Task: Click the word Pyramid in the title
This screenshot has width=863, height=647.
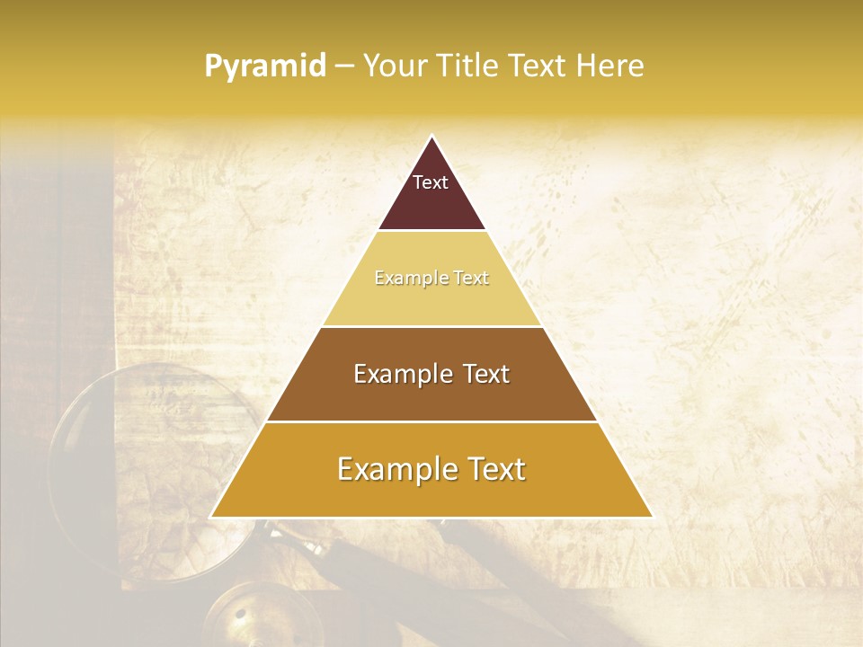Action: (265, 66)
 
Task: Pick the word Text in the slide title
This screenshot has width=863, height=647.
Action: (538, 66)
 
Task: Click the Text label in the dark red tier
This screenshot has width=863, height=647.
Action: (431, 182)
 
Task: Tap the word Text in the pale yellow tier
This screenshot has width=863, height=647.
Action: (472, 278)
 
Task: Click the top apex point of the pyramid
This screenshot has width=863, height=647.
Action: (431, 137)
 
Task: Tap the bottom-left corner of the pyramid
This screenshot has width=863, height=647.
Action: (212, 516)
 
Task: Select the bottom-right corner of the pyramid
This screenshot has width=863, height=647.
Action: (651, 516)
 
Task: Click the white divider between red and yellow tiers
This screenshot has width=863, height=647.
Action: (431, 230)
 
